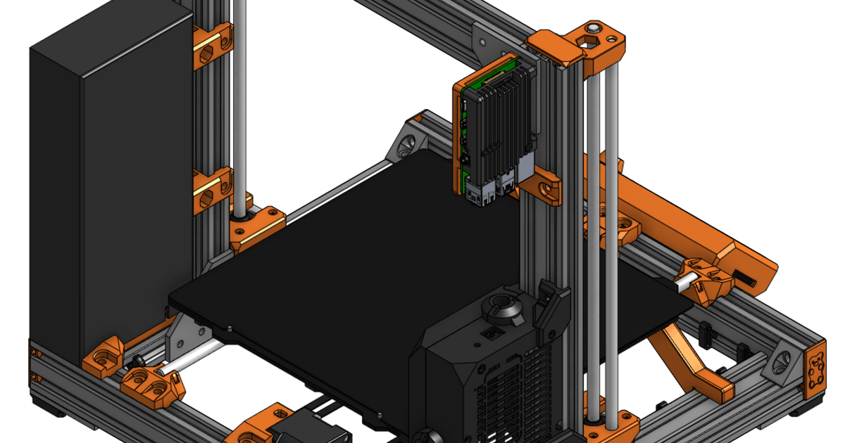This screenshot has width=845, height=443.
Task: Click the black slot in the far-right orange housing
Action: [x=746, y=278]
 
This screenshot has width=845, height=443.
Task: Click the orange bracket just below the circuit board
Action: [x=542, y=187]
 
